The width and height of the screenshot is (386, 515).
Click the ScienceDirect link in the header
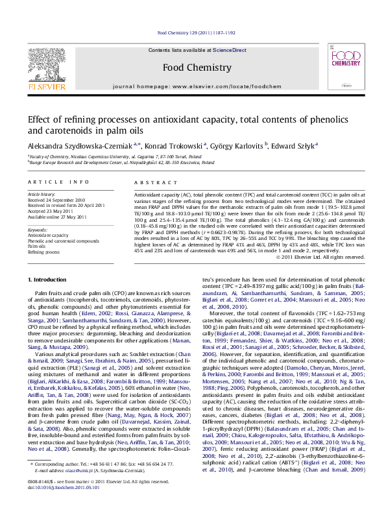(x=230, y=50)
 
